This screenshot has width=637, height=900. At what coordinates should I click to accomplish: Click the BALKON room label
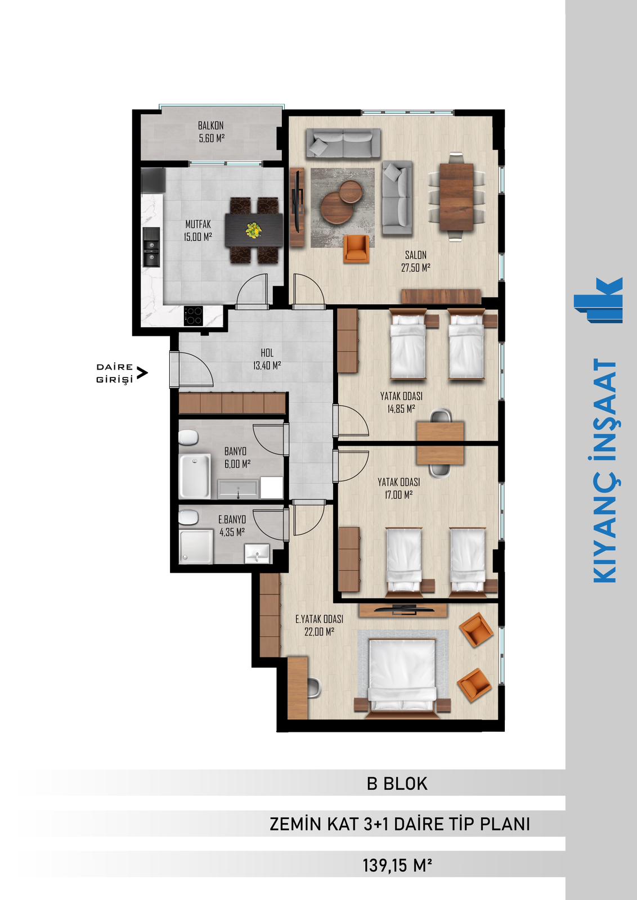pyautogui.click(x=210, y=125)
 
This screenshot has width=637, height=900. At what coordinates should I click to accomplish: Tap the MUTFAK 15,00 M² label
pyautogui.click(x=198, y=230)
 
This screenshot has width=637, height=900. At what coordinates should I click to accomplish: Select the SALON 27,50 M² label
pyautogui.click(x=415, y=261)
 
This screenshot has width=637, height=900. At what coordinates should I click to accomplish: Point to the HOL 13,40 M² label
pyautogui.click(x=267, y=359)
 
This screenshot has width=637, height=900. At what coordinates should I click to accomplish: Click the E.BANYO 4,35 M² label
pyautogui.click(x=232, y=525)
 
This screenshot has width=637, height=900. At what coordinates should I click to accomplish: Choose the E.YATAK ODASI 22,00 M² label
pyautogui.click(x=319, y=625)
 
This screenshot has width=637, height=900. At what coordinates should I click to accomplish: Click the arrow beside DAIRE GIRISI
pyautogui.click(x=142, y=373)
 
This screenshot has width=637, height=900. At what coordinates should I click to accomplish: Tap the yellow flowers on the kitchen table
pyautogui.click(x=254, y=230)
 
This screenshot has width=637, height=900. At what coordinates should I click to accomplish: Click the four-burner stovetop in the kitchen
pyautogui.click(x=194, y=316)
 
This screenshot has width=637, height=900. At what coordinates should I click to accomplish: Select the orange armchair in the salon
pyautogui.click(x=356, y=249)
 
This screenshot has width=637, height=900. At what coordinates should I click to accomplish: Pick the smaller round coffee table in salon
pyautogui.click(x=351, y=192)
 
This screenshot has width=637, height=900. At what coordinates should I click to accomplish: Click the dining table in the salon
pyautogui.click(x=456, y=197)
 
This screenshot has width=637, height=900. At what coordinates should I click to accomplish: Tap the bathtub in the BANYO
pyautogui.click(x=195, y=476)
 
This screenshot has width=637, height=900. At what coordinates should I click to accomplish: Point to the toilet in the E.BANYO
pyautogui.click(x=188, y=517)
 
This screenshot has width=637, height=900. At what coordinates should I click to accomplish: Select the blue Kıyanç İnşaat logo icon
pyautogui.click(x=598, y=300)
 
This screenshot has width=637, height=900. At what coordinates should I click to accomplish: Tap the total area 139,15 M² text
pyautogui.click(x=397, y=865)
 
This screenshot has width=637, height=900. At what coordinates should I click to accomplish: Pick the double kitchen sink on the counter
pyautogui.click(x=151, y=247)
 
